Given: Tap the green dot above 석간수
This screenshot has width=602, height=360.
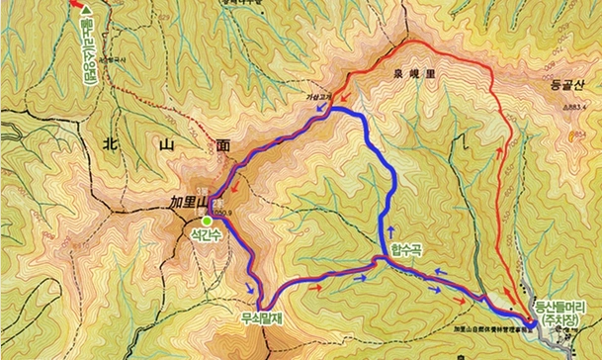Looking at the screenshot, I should click(x=207, y=220).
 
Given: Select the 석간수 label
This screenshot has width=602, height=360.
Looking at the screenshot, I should click(x=210, y=235).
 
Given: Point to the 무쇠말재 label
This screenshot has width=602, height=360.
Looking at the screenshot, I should click(x=261, y=319).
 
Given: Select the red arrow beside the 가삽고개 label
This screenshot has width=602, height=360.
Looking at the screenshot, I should click(x=336, y=96).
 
